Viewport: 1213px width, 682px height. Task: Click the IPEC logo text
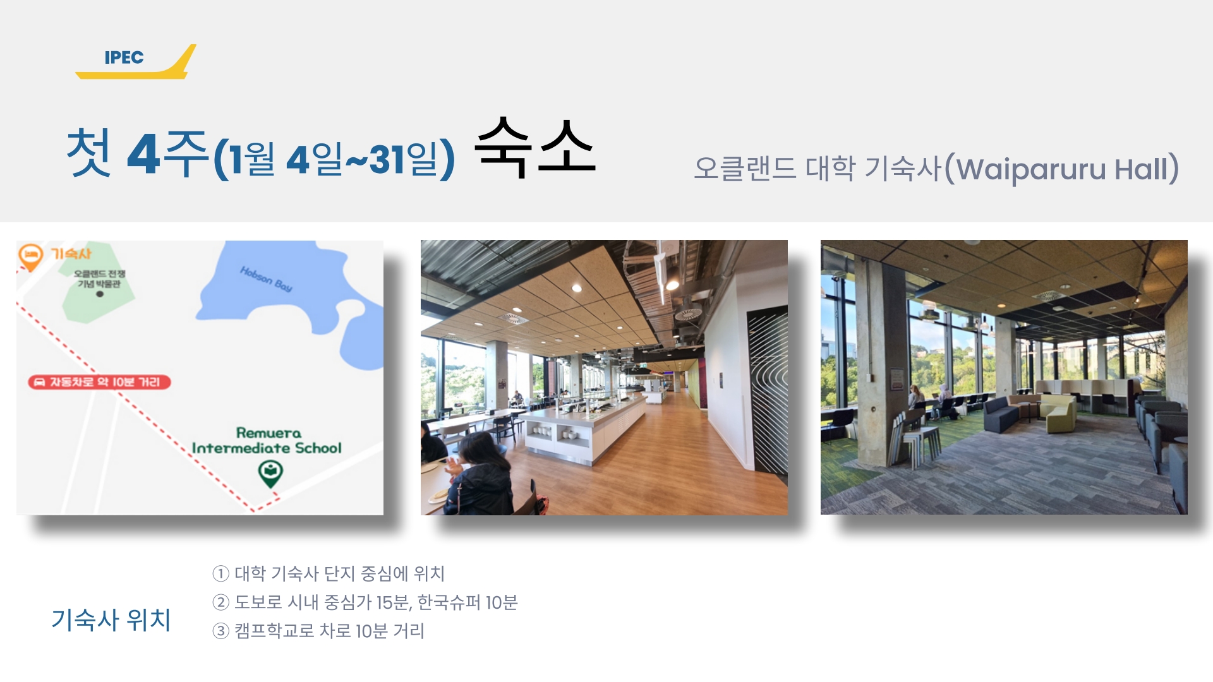pyautogui.click(x=124, y=57)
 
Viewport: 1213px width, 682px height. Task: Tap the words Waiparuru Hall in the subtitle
pyautogui.click(x=1067, y=169)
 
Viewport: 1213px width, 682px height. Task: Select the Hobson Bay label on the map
pyautogui.click(x=266, y=278)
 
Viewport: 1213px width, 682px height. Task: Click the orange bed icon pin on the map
pyautogui.click(x=30, y=256)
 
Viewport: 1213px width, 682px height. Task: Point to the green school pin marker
pyautogui.click(x=270, y=473)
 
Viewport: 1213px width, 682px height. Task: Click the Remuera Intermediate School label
pyautogui.click(x=267, y=440)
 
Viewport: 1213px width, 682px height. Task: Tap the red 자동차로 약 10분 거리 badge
pyautogui.click(x=99, y=381)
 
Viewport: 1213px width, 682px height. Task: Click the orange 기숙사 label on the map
pyautogui.click(x=71, y=253)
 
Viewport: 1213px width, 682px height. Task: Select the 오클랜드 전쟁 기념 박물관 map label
pyautogui.click(x=99, y=278)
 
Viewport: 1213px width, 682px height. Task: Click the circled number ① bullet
pyautogui.click(x=220, y=573)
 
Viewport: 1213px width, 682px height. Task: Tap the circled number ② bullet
pyautogui.click(x=220, y=602)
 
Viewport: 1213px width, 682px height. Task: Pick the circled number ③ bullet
pyautogui.click(x=220, y=631)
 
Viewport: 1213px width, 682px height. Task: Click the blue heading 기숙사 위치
pyautogui.click(x=111, y=619)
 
